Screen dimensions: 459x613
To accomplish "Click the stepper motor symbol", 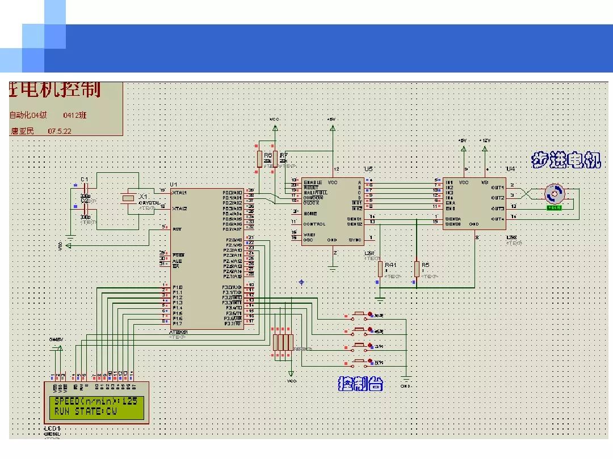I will click(x=554, y=194).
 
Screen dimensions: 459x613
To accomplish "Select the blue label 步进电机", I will click(x=565, y=160).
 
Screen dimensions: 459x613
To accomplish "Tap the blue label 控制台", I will click(x=360, y=384).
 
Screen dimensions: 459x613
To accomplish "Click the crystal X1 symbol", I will click(x=129, y=197).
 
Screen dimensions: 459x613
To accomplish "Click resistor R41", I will click(x=380, y=269).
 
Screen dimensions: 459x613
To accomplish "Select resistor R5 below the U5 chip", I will click(x=417, y=269).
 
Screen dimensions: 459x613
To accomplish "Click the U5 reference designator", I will click(x=368, y=169).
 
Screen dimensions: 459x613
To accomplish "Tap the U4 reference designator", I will click(x=510, y=169).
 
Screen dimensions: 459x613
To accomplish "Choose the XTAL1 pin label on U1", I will click(x=180, y=192).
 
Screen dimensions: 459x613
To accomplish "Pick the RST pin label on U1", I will click(x=177, y=229).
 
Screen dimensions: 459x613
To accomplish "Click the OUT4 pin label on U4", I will click(x=497, y=219).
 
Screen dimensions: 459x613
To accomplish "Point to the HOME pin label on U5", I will click(x=310, y=214).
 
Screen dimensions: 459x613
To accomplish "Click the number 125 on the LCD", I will click(x=129, y=401).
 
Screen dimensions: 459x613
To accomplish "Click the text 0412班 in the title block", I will click(x=75, y=115).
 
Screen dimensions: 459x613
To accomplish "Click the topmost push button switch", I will click(x=359, y=314).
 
